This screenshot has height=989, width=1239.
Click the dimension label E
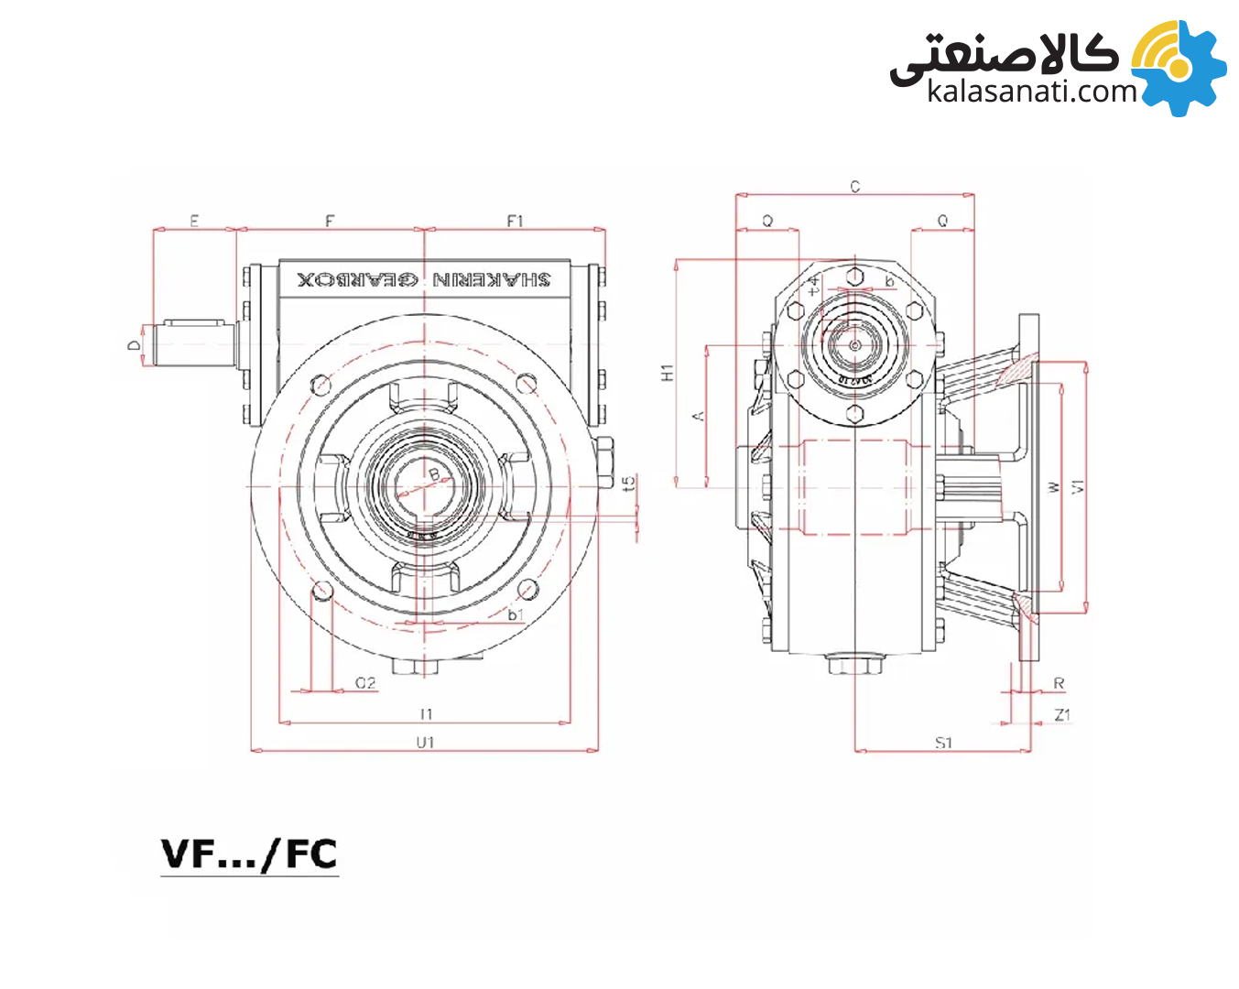[x=194, y=221]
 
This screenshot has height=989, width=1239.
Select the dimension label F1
[x=515, y=221]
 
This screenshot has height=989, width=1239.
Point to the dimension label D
[x=135, y=344]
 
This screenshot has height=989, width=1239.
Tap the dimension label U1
[x=425, y=742]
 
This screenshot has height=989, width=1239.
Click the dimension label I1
[x=425, y=713]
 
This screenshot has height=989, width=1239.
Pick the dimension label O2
[x=365, y=683]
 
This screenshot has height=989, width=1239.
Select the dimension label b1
[x=516, y=614]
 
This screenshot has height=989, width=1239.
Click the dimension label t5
[x=628, y=483]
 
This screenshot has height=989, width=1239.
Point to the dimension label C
[x=854, y=187]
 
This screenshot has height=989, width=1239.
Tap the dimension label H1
[x=668, y=373]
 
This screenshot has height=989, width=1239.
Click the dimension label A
[x=698, y=416]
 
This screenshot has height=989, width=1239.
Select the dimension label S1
[x=943, y=743]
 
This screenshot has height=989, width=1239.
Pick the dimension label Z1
[x=1061, y=714]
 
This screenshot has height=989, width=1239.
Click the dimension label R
[x=1059, y=684]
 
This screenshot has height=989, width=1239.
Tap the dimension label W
[x=1053, y=486]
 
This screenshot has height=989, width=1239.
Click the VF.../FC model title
[x=249, y=854]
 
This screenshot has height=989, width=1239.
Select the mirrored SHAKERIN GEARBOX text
[x=424, y=278]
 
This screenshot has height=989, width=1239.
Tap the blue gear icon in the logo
[x=1181, y=69]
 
